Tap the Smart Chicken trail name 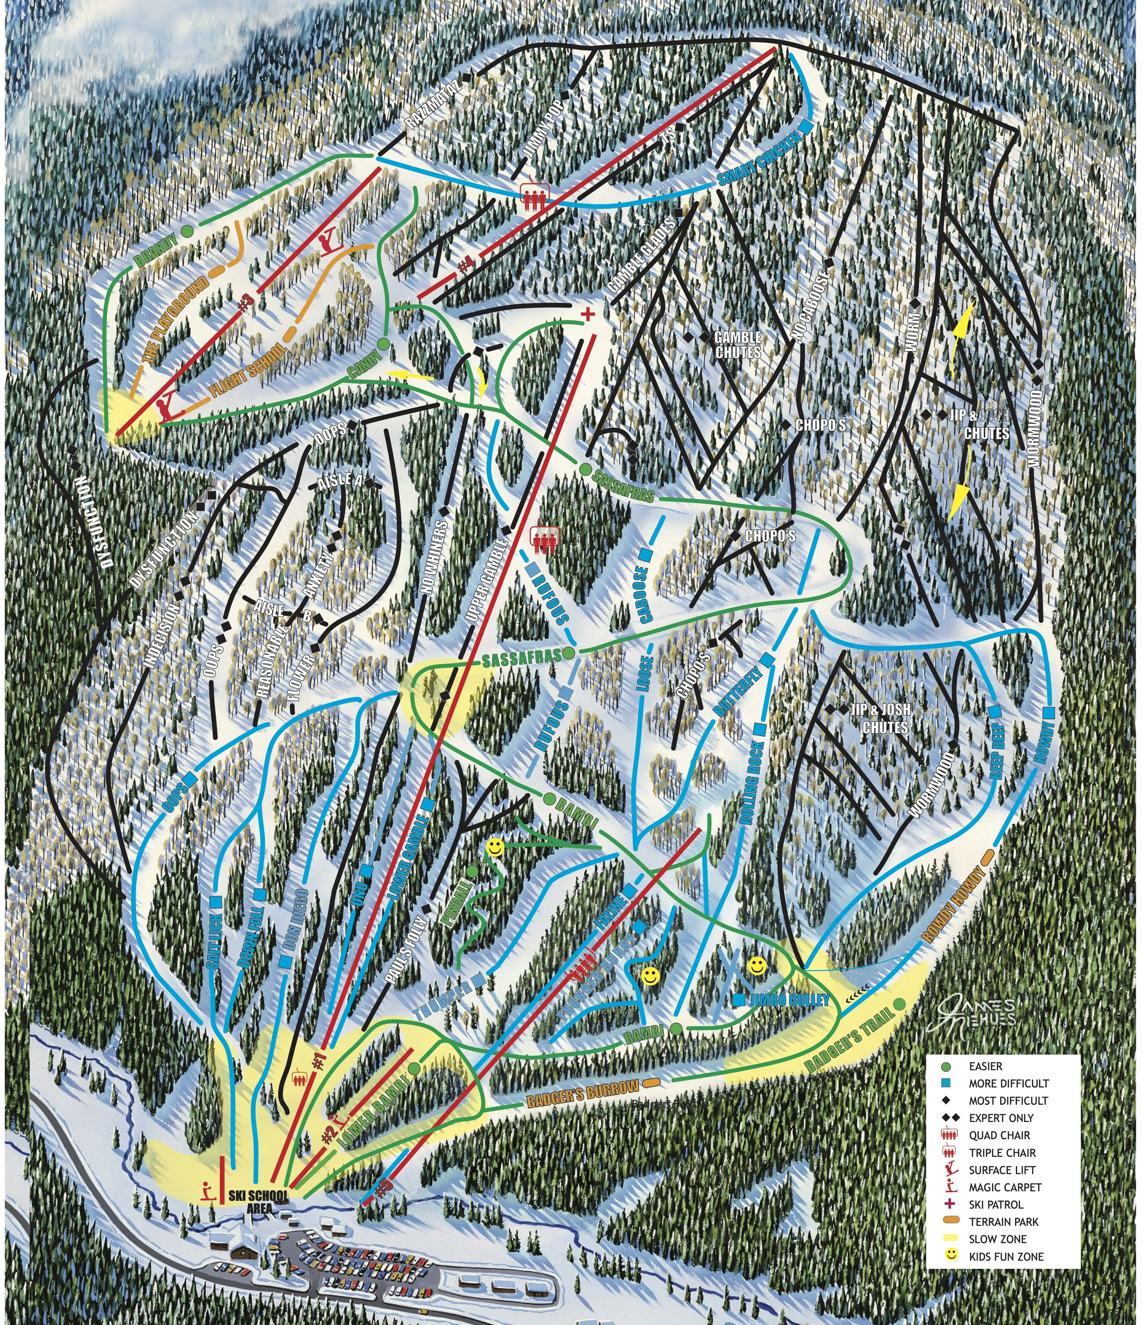click(x=758, y=159)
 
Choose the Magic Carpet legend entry click(x=1005, y=1187)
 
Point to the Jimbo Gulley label click(x=790, y=1000)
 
